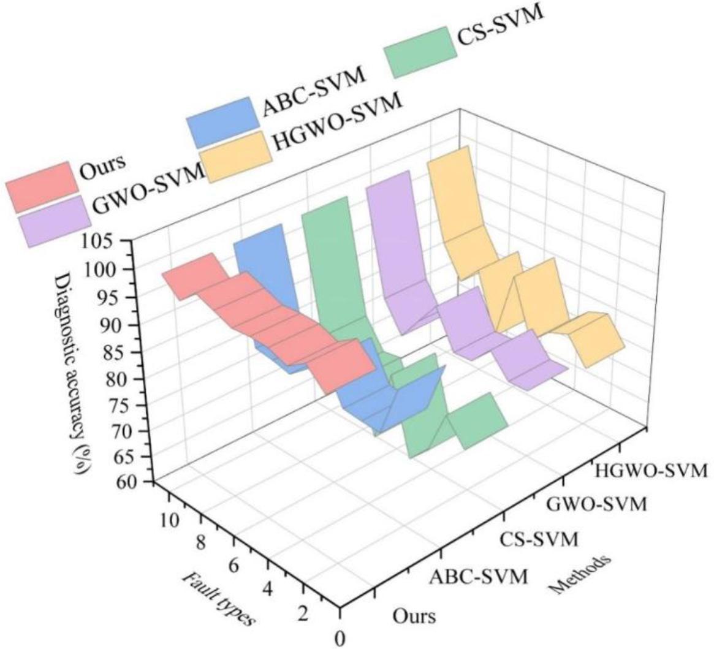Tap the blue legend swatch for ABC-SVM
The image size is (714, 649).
click(x=222, y=121)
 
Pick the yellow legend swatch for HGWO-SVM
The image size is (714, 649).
click(x=238, y=156)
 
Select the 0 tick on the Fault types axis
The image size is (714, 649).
click(x=339, y=637)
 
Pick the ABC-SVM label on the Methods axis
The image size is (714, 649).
click(x=478, y=576)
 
